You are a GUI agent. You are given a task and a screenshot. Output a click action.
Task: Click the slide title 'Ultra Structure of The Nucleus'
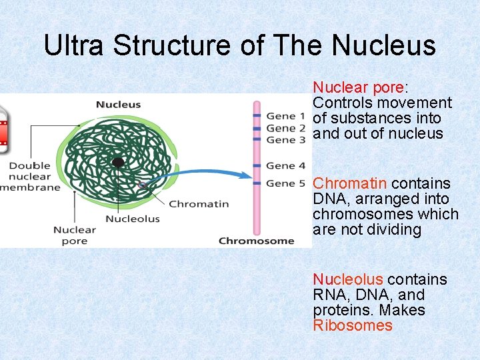click(x=239, y=45)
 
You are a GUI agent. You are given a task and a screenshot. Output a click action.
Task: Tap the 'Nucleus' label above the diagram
click(x=118, y=104)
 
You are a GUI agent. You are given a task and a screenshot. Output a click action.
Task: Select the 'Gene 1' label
click(x=285, y=116)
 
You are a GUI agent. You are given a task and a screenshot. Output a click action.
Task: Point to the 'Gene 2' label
click(x=285, y=128)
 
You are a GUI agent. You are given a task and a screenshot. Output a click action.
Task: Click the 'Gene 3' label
click(x=285, y=140)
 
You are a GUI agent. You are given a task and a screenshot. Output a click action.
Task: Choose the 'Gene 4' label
click(x=285, y=165)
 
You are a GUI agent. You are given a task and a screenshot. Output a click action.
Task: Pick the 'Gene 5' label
click(x=285, y=183)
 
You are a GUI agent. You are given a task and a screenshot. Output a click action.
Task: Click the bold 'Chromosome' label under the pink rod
click(x=256, y=241)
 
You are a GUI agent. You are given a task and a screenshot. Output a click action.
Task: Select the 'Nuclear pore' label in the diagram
click(x=75, y=235)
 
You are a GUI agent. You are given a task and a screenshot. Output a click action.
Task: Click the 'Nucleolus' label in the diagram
click(x=133, y=219)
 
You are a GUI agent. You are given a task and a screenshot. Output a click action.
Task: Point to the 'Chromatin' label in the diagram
click(x=199, y=204)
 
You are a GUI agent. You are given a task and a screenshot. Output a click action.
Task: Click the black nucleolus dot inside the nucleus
click(x=118, y=162)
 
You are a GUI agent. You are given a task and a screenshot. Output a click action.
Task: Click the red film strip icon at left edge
click(x=3, y=127)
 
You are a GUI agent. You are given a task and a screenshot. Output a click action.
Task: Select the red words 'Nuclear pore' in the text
click(x=358, y=87)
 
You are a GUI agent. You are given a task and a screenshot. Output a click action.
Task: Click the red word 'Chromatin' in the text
click(x=350, y=183)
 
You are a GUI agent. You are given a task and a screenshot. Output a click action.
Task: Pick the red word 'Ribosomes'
click(x=353, y=325)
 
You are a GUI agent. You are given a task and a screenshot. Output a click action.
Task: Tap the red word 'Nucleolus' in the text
click(x=348, y=279)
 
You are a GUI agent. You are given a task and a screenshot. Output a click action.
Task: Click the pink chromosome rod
click(x=256, y=167)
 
